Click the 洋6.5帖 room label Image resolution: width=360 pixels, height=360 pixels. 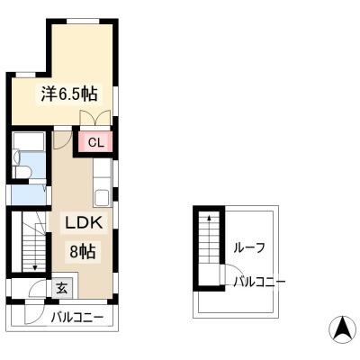(x=69, y=94)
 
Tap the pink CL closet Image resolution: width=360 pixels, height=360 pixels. (x=95, y=142)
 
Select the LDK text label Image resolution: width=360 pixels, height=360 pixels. (x=85, y=222)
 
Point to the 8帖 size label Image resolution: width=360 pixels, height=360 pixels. (x=83, y=251)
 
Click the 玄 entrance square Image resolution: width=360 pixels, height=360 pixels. (x=62, y=288)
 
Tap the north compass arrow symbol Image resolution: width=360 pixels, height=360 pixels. (x=342, y=329)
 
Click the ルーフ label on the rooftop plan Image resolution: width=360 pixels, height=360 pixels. (x=249, y=247)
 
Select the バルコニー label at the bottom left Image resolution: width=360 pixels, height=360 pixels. (x=77, y=318)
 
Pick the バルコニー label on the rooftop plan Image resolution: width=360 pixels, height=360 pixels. (x=259, y=282)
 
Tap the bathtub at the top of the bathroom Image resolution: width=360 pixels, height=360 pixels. (x=29, y=141)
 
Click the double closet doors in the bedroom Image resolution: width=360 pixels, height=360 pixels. (x=95, y=118)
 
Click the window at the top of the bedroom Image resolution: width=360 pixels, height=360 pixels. (x=83, y=21)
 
